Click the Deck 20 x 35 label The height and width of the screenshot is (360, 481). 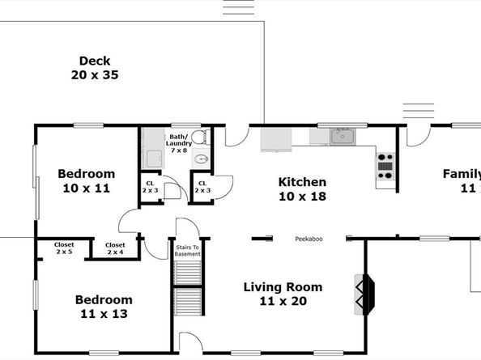point(95,67)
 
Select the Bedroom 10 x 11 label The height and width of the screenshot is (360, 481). point(86,180)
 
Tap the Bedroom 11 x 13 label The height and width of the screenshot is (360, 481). point(104,306)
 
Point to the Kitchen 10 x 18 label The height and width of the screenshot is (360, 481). point(302,188)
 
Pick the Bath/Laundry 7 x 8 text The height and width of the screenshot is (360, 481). point(179,143)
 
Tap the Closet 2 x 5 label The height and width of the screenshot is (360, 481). point(63,248)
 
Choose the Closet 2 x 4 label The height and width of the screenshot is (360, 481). point(115,248)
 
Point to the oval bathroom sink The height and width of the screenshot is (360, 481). point(199,160)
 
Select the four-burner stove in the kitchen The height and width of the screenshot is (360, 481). point(385,165)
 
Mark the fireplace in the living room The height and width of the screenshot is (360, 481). point(363,294)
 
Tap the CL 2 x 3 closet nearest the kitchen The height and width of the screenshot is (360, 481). point(202,187)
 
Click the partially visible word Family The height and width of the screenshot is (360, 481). point(461,174)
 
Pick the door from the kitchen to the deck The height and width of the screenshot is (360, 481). point(236,136)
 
